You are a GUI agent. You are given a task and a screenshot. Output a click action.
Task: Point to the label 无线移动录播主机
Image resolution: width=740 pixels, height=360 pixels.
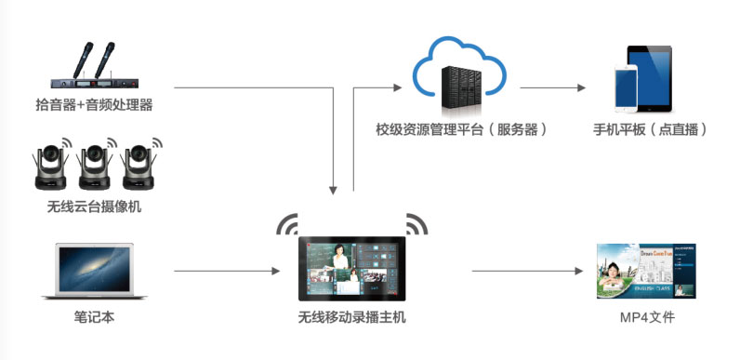[350, 317]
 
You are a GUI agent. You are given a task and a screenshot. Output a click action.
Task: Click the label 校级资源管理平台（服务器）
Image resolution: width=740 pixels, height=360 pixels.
[461, 129]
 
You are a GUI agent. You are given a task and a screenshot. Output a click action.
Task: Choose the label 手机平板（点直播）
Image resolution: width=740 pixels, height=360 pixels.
[650, 129]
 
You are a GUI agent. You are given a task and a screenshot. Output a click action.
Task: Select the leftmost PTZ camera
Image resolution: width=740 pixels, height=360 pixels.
[52, 168]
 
